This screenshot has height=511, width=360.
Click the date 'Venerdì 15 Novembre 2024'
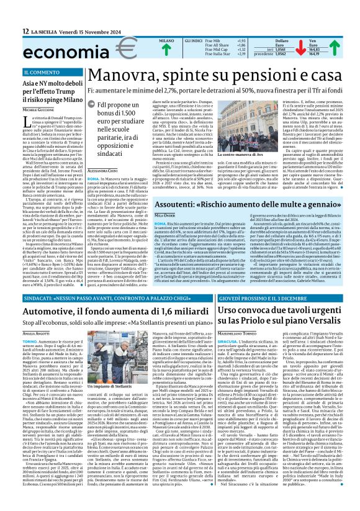pos(85,31)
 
